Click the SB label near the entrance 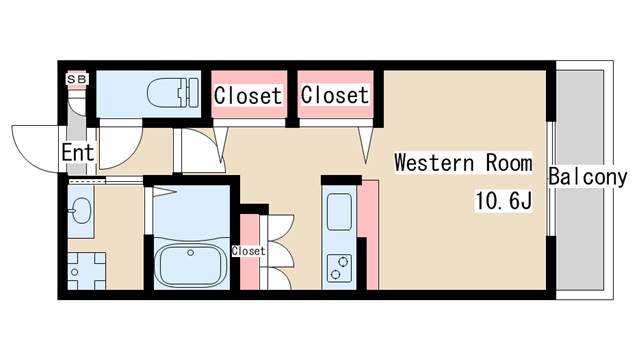pos(76,78)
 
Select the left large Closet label pos(248,96)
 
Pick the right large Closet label pos(335,96)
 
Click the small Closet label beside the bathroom pos(249,251)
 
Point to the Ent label pos(77,154)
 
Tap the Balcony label pos(587,178)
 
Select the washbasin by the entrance pos(81,209)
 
